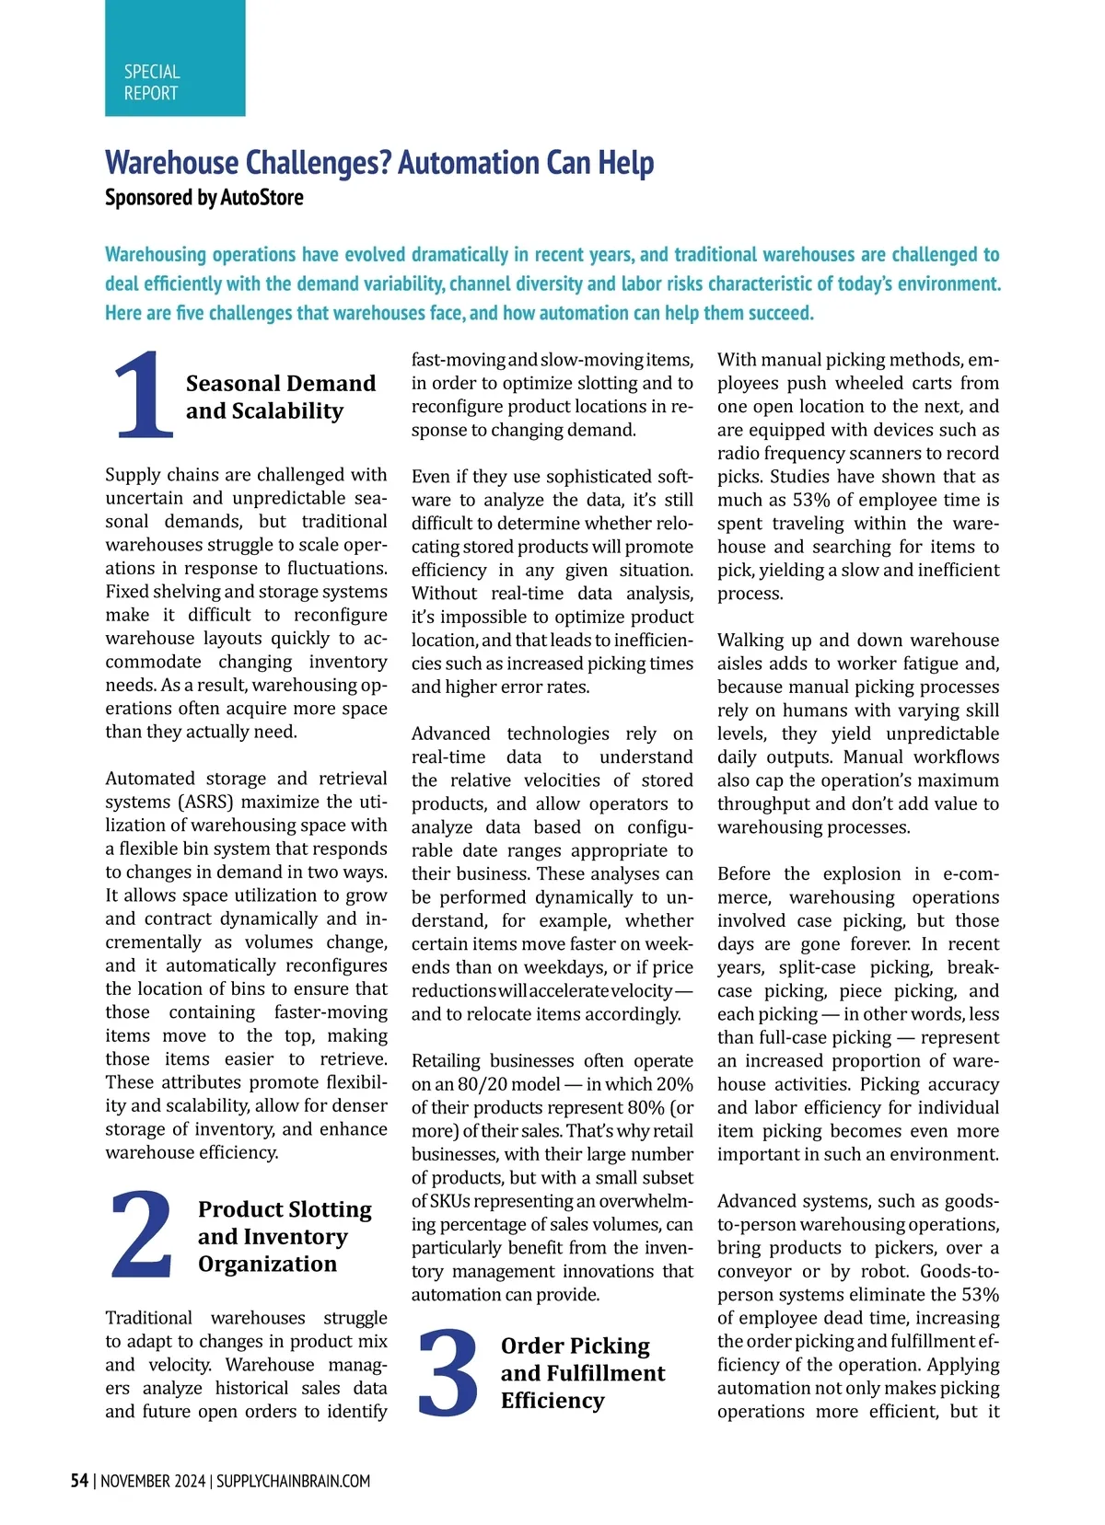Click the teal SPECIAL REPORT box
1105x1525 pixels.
pos(175,58)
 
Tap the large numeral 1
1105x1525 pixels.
pos(145,395)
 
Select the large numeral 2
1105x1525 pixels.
pos(142,1233)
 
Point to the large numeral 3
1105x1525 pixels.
pos(448,1371)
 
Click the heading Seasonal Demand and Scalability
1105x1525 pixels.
pos(280,397)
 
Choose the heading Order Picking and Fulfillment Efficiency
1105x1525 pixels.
pos(582,1372)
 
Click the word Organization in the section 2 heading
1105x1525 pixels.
pos(267,1264)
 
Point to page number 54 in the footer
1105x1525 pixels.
pos(80,1481)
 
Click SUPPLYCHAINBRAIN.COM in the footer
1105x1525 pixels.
pos(293,1481)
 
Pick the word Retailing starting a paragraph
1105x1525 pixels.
pos(447,1060)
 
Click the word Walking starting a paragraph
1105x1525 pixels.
pos(749,640)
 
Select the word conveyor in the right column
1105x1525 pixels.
pos(754,1271)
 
